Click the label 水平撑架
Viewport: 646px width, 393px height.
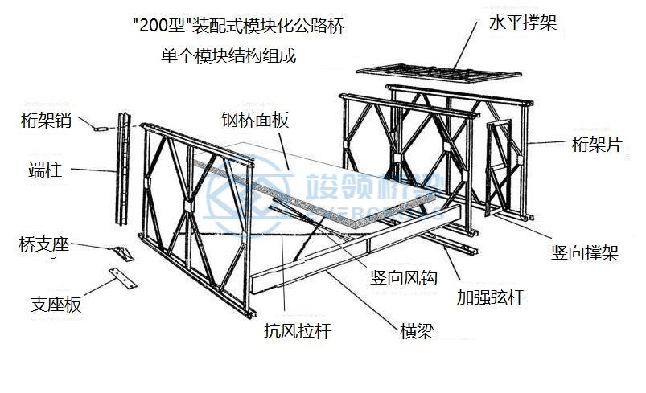523,23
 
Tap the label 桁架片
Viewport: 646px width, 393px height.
597,144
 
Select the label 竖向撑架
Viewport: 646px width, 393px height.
585,252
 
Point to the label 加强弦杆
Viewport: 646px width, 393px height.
490,297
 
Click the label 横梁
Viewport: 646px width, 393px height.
418,331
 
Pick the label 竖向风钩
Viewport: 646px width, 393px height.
404,278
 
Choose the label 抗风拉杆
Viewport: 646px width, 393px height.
298,330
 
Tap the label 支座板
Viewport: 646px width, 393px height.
56,305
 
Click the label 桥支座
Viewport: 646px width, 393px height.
44,244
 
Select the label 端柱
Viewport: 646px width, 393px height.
45,170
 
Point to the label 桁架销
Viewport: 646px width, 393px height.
47,121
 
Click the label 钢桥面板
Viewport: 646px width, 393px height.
256,120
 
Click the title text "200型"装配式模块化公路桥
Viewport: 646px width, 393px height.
240,26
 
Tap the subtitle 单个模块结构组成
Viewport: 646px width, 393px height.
228,55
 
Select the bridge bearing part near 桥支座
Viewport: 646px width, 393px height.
122,253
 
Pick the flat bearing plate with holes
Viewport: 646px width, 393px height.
123,278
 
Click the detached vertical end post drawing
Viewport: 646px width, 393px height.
123,169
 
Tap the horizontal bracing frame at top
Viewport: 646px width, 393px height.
439,73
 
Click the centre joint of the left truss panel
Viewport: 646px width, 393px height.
188,206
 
